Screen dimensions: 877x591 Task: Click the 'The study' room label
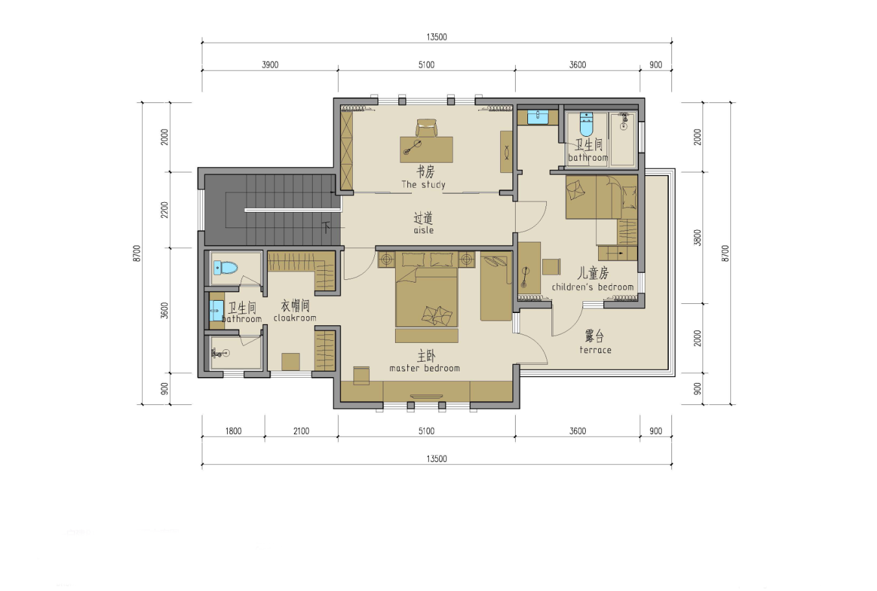[423, 184]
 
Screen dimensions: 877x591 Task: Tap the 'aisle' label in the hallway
[424, 230]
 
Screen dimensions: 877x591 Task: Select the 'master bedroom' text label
[424, 368]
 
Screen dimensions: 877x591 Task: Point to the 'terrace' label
[595, 350]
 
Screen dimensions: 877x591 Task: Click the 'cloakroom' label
[294, 318]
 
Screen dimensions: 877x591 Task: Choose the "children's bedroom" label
[592, 287]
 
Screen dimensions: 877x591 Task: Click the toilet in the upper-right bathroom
[586, 124]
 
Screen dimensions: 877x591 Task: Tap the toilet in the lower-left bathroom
[226, 268]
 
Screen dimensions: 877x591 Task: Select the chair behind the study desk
[426, 128]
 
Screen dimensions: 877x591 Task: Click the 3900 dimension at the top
[270, 65]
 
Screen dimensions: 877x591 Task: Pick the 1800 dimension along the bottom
[234, 431]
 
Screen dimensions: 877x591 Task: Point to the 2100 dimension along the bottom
[301, 431]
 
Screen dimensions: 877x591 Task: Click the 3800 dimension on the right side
[697, 237]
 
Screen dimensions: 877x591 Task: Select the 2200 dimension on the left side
[165, 210]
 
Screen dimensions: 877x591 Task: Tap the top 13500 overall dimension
[437, 37]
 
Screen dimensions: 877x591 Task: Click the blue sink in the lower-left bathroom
[217, 310]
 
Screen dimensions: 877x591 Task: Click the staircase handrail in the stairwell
[293, 210]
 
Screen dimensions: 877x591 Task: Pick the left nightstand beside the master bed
[387, 259]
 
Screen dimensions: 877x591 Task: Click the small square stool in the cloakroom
[291, 362]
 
